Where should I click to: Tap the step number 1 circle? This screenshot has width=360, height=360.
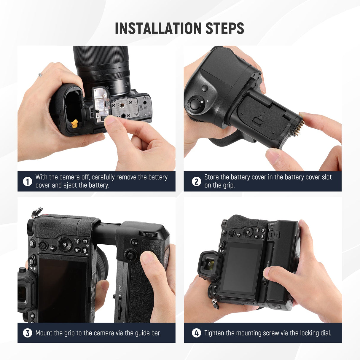[x=27, y=181]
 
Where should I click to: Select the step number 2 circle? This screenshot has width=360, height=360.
[x=196, y=181]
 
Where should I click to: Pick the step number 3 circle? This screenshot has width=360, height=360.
[x=27, y=333]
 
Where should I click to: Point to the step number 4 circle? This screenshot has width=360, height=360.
[x=196, y=333]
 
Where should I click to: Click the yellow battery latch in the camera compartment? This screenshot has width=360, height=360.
[x=74, y=123]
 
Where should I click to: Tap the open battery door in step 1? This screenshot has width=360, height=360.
[x=101, y=103]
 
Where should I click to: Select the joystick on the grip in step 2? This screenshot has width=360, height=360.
[x=195, y=104]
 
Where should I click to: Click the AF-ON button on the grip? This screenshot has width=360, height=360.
[x=135, y=243]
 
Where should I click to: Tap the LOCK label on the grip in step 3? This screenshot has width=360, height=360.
[x=120, y=290]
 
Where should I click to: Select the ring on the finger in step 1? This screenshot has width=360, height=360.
[x=40, y=75]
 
